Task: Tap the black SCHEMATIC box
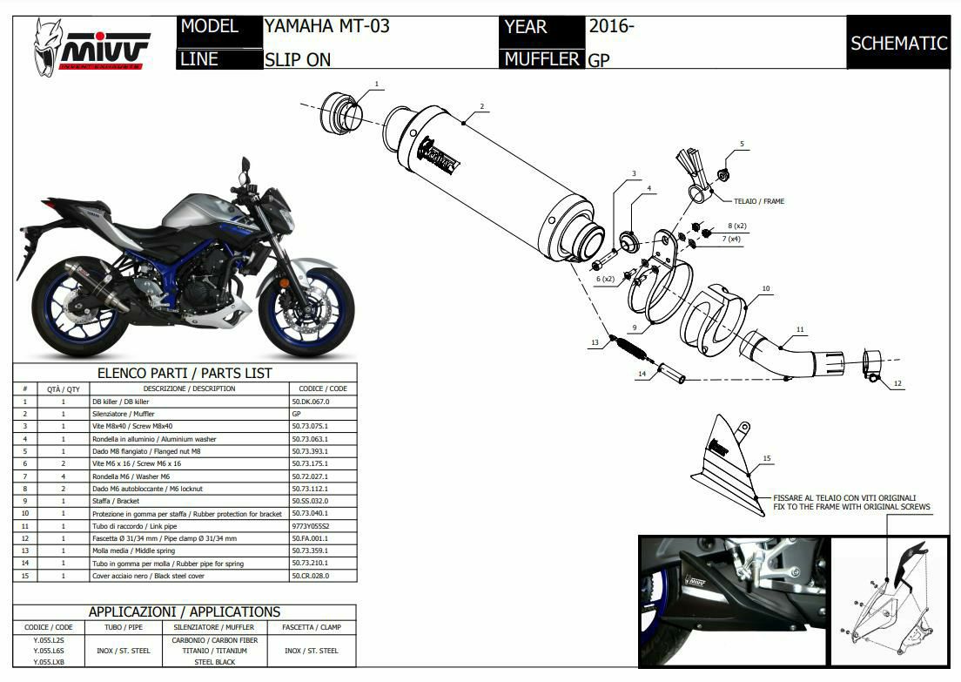[898, 43]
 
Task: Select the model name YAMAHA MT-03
[326, 26]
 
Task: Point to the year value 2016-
[611, 26]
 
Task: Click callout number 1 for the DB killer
[377, 84]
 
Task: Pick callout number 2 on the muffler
[480, 108]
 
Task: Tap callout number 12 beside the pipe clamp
[897, 383]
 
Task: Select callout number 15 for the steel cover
[766, 458]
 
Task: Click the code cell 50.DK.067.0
[310, 402]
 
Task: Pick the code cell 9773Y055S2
[311, 526]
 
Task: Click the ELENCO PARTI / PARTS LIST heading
[184, 373]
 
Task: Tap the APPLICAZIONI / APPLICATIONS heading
[184, 612]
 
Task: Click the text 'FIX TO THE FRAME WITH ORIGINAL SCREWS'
[851, 506]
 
